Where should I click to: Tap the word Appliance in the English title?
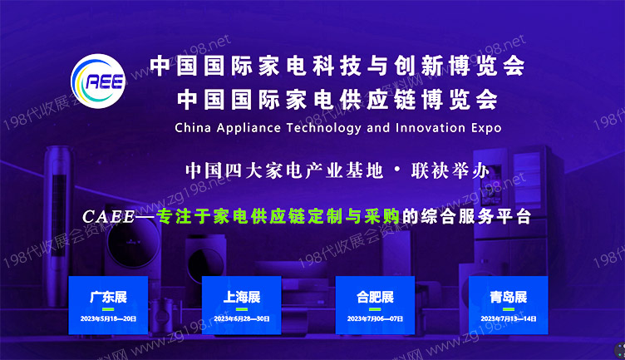(250, 129)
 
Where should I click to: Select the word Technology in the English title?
(321, 129)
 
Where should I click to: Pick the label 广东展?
(109, 297)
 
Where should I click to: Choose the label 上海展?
(242, 297)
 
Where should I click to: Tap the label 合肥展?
(375, 297)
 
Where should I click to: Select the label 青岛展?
(508, 297)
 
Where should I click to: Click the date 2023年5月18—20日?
(109, 318)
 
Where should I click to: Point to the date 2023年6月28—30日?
(242, 318)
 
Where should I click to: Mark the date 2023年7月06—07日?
(375, 318)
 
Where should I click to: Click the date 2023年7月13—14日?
(508, 318)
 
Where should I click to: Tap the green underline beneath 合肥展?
(375, 309)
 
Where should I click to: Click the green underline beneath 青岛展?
(508, 309)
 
